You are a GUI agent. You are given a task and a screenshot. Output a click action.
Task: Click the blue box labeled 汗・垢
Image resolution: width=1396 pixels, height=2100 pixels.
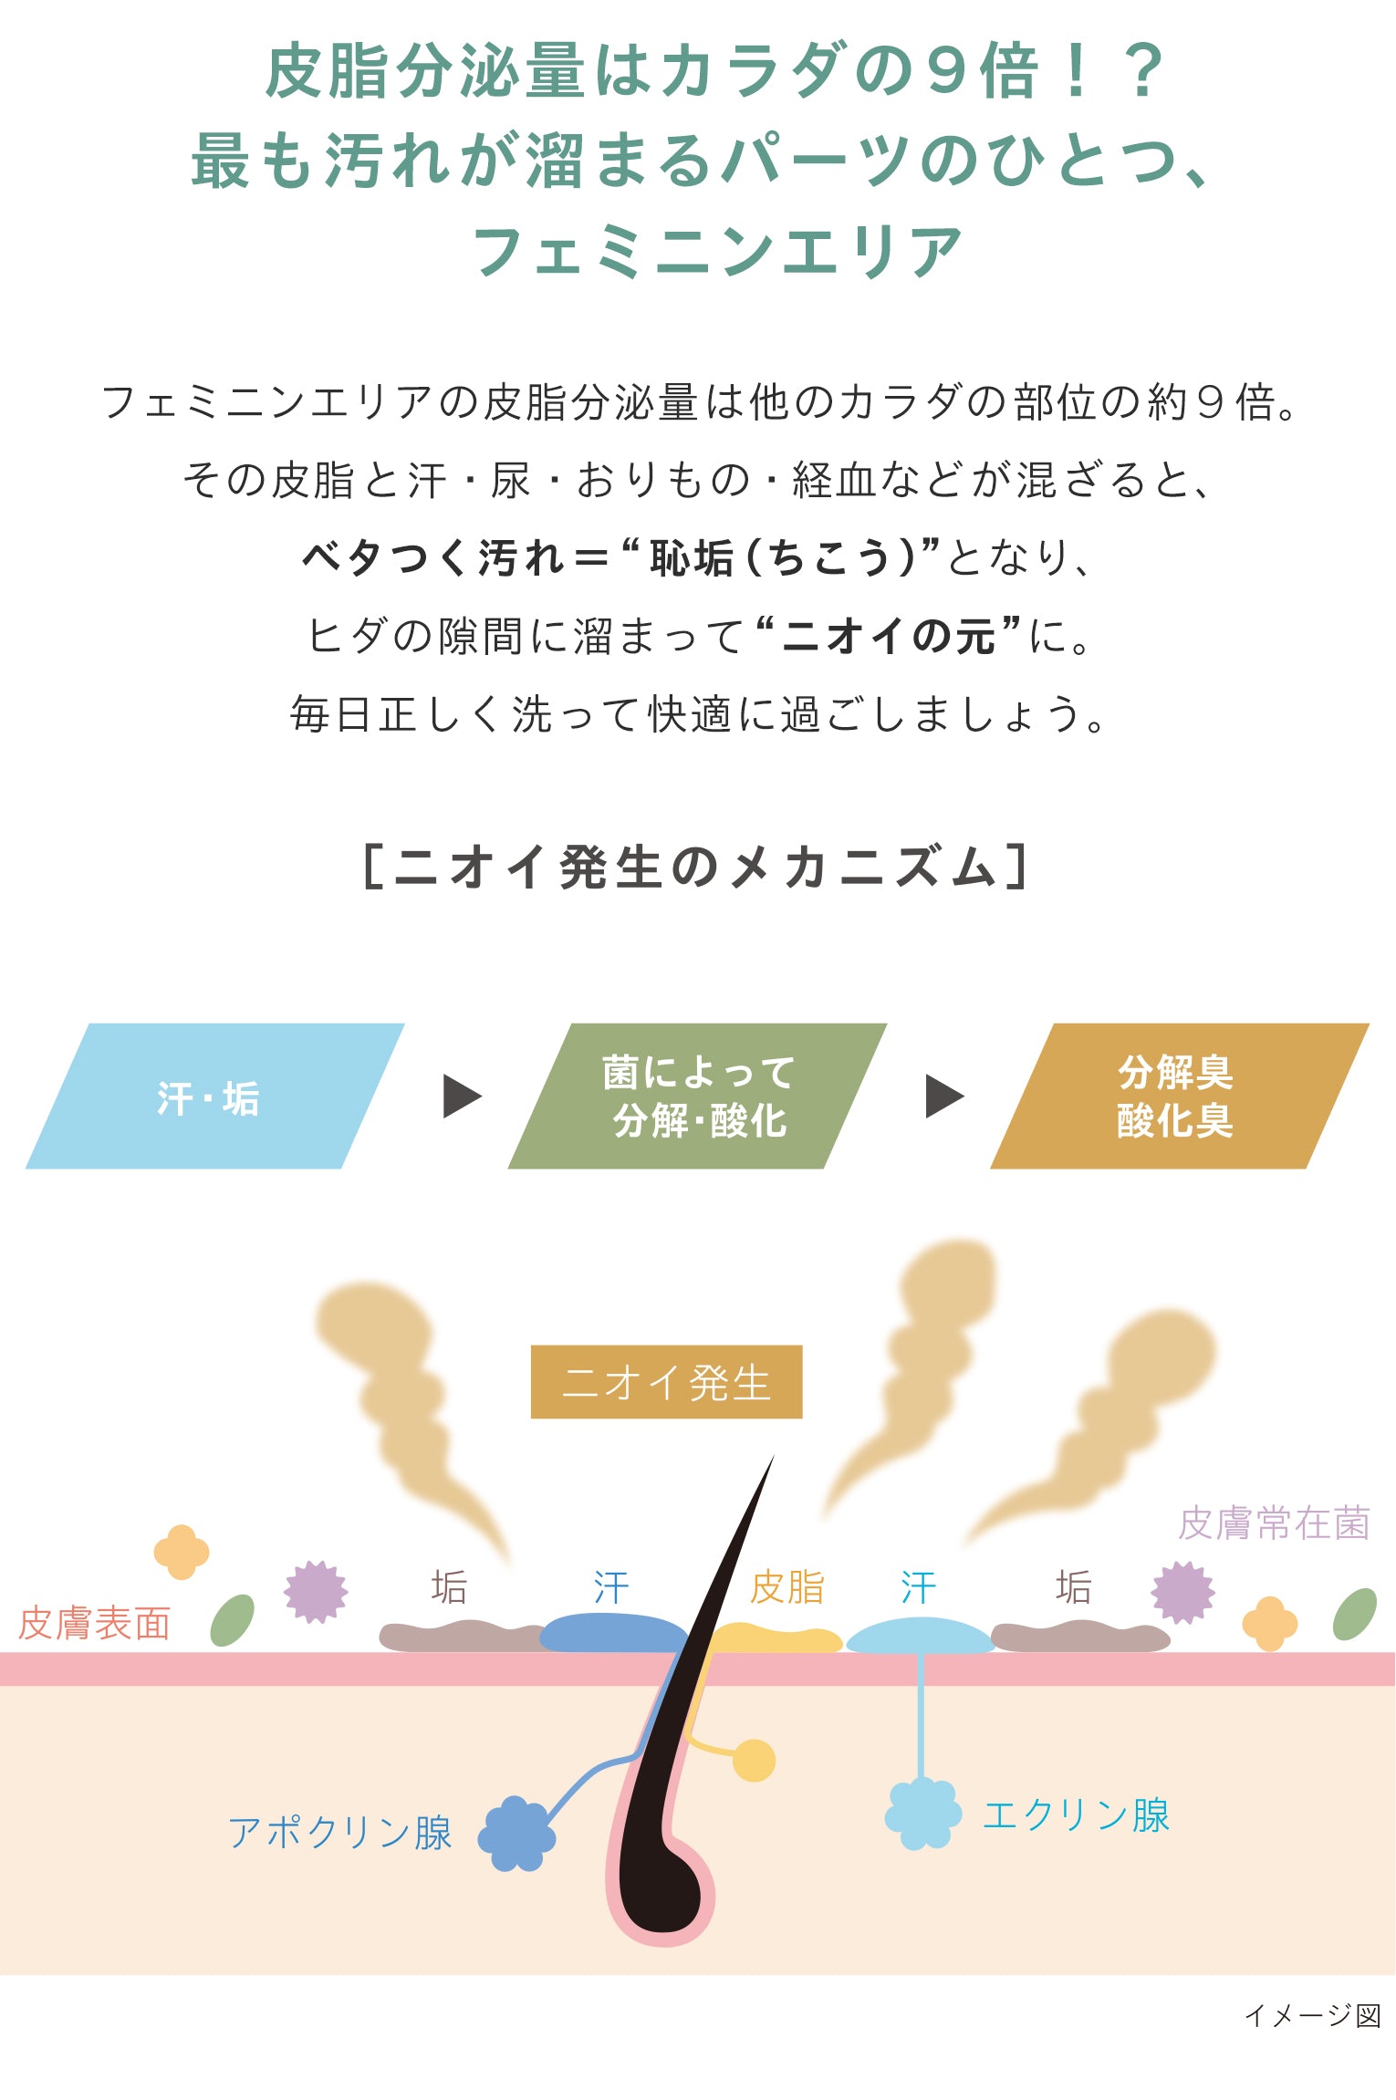tap(214, 1096)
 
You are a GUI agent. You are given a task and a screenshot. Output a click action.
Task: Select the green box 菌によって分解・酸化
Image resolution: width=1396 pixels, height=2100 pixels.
tap(697, 1096)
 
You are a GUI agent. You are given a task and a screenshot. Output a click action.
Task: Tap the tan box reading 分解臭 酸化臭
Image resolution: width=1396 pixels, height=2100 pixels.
tap(1178, 1096)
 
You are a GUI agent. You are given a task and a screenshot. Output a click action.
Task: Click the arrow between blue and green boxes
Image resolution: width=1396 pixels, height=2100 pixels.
tap(462, 1096)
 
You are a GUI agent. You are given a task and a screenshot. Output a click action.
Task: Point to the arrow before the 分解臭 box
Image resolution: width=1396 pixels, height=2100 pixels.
tap(944, 1096)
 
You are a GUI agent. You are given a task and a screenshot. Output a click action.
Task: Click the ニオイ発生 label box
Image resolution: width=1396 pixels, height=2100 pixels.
tap(666, 1381)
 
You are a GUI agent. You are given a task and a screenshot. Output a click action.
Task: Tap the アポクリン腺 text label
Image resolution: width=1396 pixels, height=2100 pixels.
tap(339, 1832)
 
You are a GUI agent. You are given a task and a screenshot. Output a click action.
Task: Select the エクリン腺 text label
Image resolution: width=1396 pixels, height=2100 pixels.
tap(1076, 1814)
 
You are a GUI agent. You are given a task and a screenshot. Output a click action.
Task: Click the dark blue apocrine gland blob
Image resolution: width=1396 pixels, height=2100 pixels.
tap(516, 1834)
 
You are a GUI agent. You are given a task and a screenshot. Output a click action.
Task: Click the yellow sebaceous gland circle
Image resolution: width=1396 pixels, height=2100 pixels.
tap(754, 1760)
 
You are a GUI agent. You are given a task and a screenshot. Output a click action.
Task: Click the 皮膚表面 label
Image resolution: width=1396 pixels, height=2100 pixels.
tap(94, 1624)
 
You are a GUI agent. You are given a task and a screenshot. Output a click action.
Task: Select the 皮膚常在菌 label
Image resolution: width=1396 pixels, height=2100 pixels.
tap(1273, 1523)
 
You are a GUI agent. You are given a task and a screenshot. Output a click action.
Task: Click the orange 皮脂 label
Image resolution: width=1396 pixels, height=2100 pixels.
tap(787, 1587)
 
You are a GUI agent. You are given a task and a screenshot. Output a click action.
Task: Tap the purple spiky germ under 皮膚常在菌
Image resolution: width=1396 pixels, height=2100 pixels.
tap(1182, 1593)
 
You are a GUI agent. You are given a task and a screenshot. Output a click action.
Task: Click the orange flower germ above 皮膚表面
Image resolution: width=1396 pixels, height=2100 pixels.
tap(181, 1552)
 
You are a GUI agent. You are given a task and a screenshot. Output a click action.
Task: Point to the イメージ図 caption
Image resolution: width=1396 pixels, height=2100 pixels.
tap(1313, 2015)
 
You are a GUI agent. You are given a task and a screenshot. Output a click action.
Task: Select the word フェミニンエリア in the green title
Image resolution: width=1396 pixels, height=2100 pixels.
tap(718, 251)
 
